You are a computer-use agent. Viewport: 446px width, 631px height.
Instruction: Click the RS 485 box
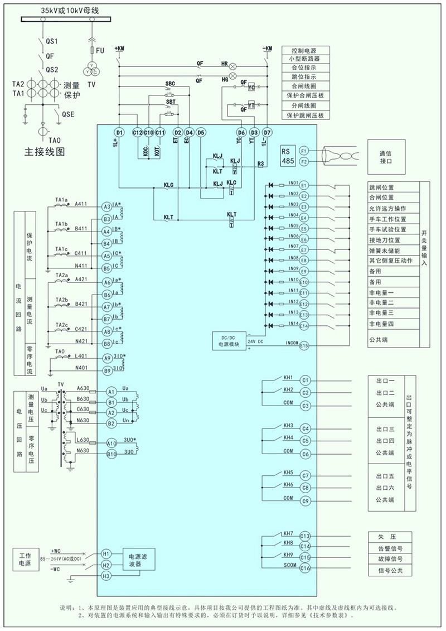point(287,156)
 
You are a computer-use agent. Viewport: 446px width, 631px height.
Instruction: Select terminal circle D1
point(118,132)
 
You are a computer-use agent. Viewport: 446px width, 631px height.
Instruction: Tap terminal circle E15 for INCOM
point(304,346)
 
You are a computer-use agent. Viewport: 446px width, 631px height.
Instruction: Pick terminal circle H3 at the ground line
point(106,576)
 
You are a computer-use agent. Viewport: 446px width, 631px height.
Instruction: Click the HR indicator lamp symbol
point(234,65)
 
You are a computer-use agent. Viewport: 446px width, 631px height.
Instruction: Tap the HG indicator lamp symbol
point(234,75)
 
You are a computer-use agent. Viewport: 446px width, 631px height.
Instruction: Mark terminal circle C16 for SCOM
point(304,569)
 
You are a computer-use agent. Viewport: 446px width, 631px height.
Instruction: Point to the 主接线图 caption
point(45,151)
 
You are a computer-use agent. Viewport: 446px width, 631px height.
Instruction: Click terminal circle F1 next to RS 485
point(304,151)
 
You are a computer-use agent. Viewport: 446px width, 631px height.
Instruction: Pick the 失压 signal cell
point(390,536)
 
